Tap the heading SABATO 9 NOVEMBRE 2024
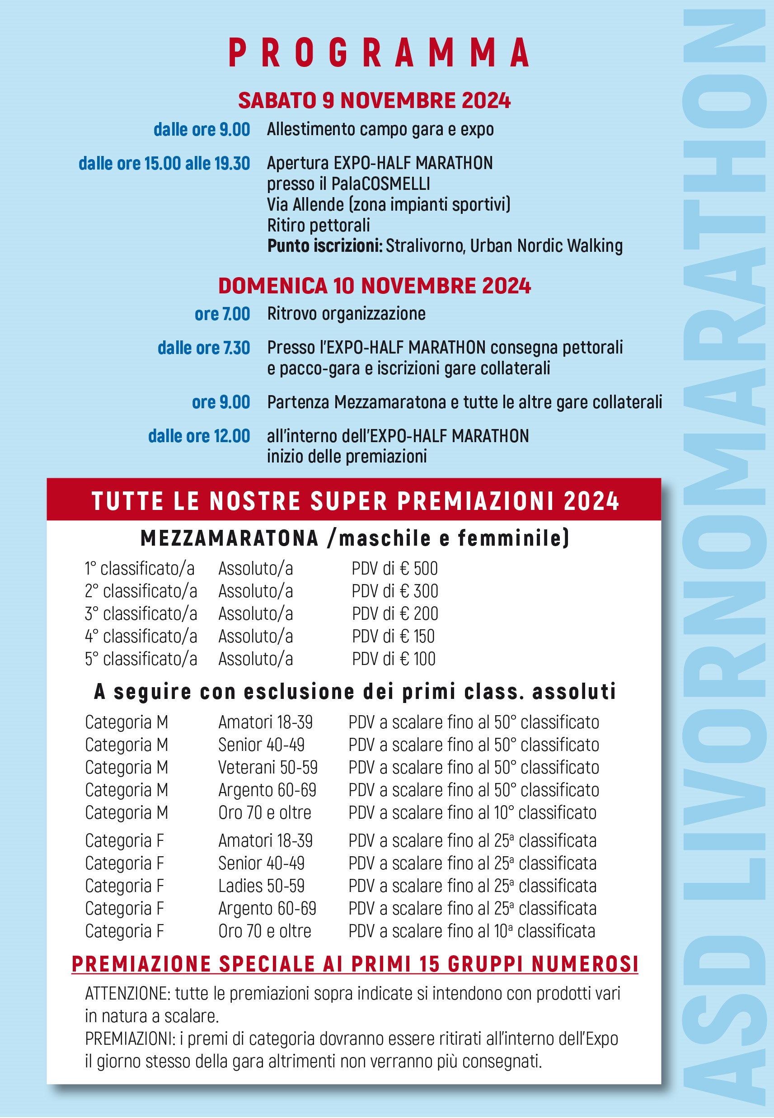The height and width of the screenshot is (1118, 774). pos(374,100)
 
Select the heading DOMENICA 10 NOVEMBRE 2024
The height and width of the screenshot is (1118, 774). pos(375,286)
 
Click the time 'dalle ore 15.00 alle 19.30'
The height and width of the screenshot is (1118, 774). pos(164,164)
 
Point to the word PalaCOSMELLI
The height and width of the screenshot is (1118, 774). pos(381,184)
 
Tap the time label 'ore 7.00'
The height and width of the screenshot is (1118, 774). pos(222,314)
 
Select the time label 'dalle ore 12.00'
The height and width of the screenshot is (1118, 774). pos(199,436)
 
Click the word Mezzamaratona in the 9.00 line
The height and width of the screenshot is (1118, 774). pos(390,402)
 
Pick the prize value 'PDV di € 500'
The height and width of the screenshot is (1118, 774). pos(394,568)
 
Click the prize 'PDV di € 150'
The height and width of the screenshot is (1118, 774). pos(393,636)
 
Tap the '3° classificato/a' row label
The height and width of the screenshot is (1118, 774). pos(141,614)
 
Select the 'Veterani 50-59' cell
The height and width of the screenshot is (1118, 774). pos(267,767)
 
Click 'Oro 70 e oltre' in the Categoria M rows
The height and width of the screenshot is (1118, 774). pos(265,812)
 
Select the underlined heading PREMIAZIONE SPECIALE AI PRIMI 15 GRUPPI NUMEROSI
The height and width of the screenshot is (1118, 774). pos(355,964)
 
